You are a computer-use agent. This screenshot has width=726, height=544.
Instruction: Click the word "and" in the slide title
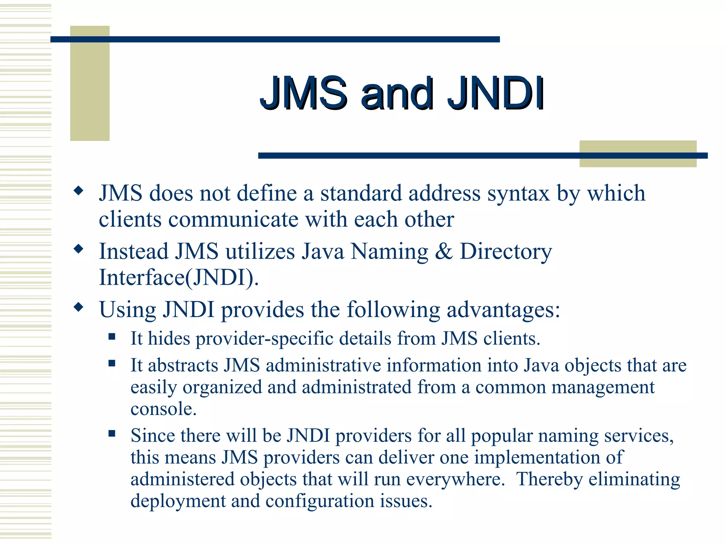[x=397, y=94]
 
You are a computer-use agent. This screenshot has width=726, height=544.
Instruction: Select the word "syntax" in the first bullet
[x=518, y=194]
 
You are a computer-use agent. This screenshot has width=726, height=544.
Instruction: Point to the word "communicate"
[x=233, y=220]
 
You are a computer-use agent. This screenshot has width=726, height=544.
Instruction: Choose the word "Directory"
[x=506, y=252]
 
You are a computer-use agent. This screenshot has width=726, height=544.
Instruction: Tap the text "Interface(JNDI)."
[x=179, y=278]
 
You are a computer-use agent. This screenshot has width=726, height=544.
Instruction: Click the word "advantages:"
[x=503, y=310]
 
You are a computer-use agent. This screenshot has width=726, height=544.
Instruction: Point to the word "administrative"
[x=323, y=365]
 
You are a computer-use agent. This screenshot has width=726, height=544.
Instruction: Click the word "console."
[x=163, y=409]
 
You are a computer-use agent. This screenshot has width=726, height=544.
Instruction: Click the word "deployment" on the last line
[x=178, y=501]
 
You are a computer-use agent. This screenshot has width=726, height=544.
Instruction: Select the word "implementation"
[x=537, y=458]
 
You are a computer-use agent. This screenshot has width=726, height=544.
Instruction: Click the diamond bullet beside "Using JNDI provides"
[x=78, y=307]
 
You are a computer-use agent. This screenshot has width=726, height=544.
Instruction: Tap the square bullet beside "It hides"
[x=112, y=336]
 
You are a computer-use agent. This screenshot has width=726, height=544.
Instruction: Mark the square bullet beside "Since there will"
[x=112, y=433]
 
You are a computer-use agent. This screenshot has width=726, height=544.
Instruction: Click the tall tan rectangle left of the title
[x=90, y=84]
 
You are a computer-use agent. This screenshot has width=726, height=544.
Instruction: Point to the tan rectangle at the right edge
[x=638, y=154]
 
